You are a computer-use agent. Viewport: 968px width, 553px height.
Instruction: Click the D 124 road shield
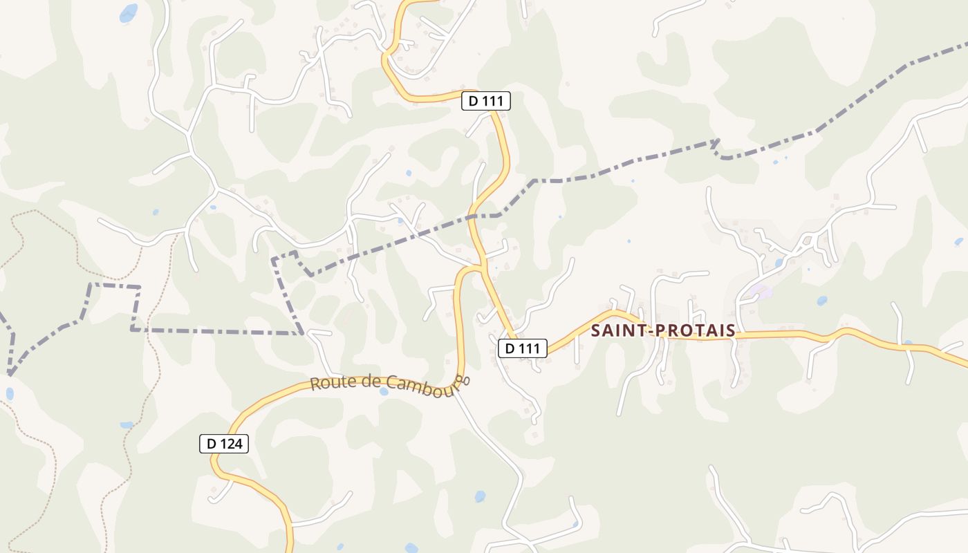point(224,444)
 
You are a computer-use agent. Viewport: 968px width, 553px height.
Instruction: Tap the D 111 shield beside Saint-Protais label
point(523,348)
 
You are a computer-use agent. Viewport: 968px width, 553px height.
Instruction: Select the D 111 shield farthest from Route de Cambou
point(486,101)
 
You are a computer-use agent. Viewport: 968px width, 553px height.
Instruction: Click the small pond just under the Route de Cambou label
point(384,391)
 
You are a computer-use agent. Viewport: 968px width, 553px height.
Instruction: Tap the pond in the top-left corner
point(129,12)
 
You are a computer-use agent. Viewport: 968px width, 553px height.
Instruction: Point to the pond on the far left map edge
point(10,394)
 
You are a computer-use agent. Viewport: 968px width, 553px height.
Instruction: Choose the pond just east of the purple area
point(821,301)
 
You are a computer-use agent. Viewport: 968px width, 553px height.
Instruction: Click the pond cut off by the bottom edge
point(411,548)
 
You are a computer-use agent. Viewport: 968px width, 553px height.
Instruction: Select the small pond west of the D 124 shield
point(127,425)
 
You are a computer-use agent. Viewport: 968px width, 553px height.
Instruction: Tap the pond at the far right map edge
point(958,242)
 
